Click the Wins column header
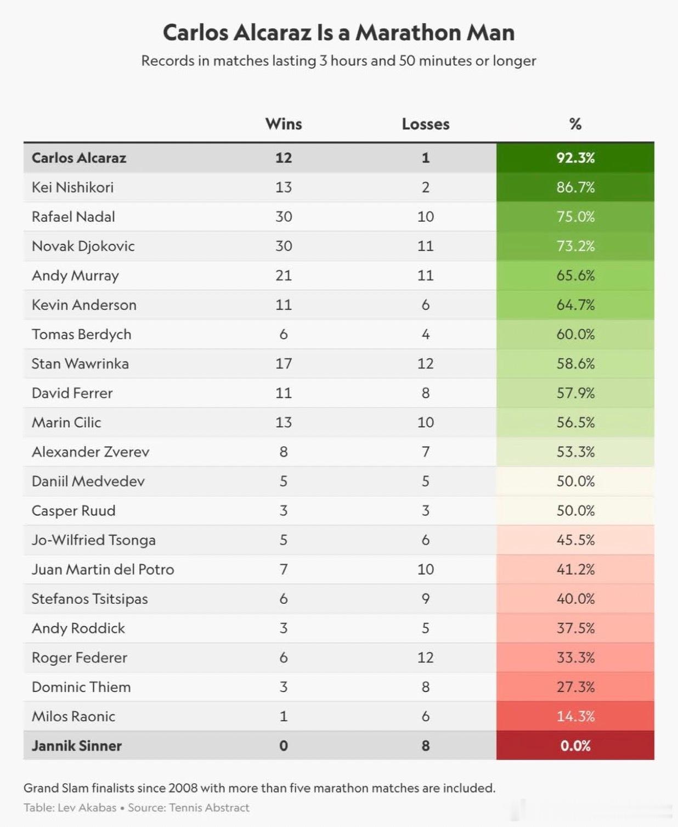pos(283,124)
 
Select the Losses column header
pos(425,124)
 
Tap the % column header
pos(575,124)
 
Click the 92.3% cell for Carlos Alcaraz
pos(575,158)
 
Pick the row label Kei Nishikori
pos(72,187)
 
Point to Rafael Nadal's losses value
pos(425,217)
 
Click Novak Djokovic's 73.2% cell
pos(575,246)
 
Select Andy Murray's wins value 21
pos(283,275)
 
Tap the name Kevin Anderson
pos(84,305)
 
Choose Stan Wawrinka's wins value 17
pos(283,364)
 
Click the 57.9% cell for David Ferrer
pos(575,393)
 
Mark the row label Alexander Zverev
pos(91,452)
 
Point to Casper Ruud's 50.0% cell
pos(575,510)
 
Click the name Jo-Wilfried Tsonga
pos(93,540)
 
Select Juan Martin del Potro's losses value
pos(425,569)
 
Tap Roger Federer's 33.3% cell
pos(575,657)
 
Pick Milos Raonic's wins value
pos(283,716)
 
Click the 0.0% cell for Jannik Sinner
pos(575,746)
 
